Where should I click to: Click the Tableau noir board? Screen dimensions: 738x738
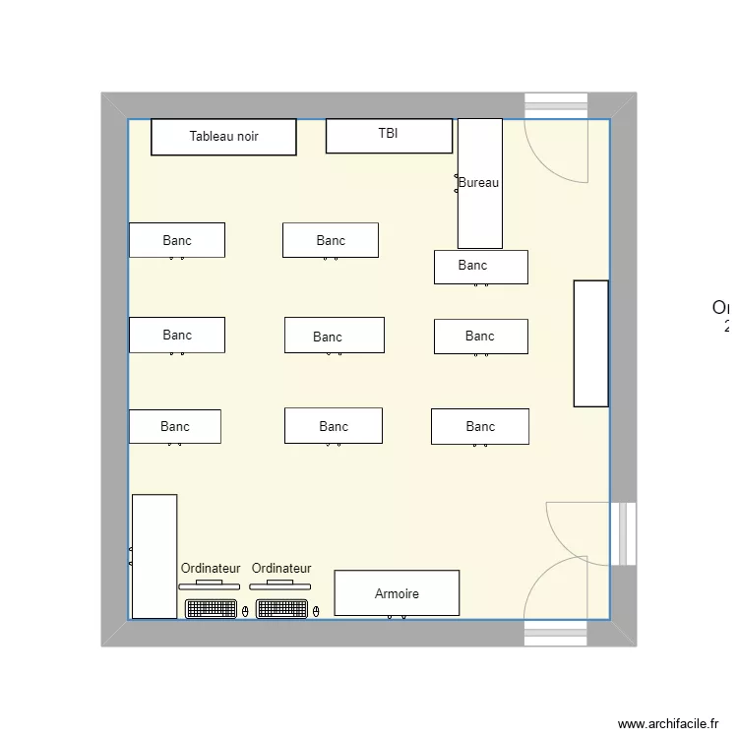[223, 137]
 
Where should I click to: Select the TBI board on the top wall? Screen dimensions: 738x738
[389, 136]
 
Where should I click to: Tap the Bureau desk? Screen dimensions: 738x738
[480, 183]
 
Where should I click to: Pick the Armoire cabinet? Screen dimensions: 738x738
[397, 593]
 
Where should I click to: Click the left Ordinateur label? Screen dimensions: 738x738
[211, 569]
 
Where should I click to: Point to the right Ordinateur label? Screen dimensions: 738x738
[281, 569]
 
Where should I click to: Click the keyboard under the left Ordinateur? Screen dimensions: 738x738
[212, 609]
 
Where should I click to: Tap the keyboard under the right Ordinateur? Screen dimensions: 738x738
[282, 609]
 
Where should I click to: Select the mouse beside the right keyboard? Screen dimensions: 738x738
[316, 611]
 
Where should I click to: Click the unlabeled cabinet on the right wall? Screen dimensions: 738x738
[591, 343]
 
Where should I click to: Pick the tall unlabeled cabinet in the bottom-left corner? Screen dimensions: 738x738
[154, 556]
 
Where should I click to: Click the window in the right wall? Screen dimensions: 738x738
[623, 534]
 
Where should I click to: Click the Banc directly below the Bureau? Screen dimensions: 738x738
[481, 266]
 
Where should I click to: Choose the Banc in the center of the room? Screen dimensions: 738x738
[335, 336]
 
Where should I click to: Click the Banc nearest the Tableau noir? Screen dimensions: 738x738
[177, 240]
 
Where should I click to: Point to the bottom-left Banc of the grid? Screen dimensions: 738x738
[175, 426]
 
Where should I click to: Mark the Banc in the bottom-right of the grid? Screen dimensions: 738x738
[480, 426]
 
